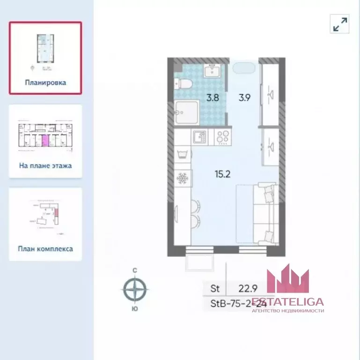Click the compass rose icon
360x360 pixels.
135,289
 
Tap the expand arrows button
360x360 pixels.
340,24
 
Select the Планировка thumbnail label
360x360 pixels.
45,82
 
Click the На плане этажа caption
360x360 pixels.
45,165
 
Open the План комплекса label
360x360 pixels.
45,249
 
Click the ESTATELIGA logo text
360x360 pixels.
288,302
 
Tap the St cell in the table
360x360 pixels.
215,288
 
